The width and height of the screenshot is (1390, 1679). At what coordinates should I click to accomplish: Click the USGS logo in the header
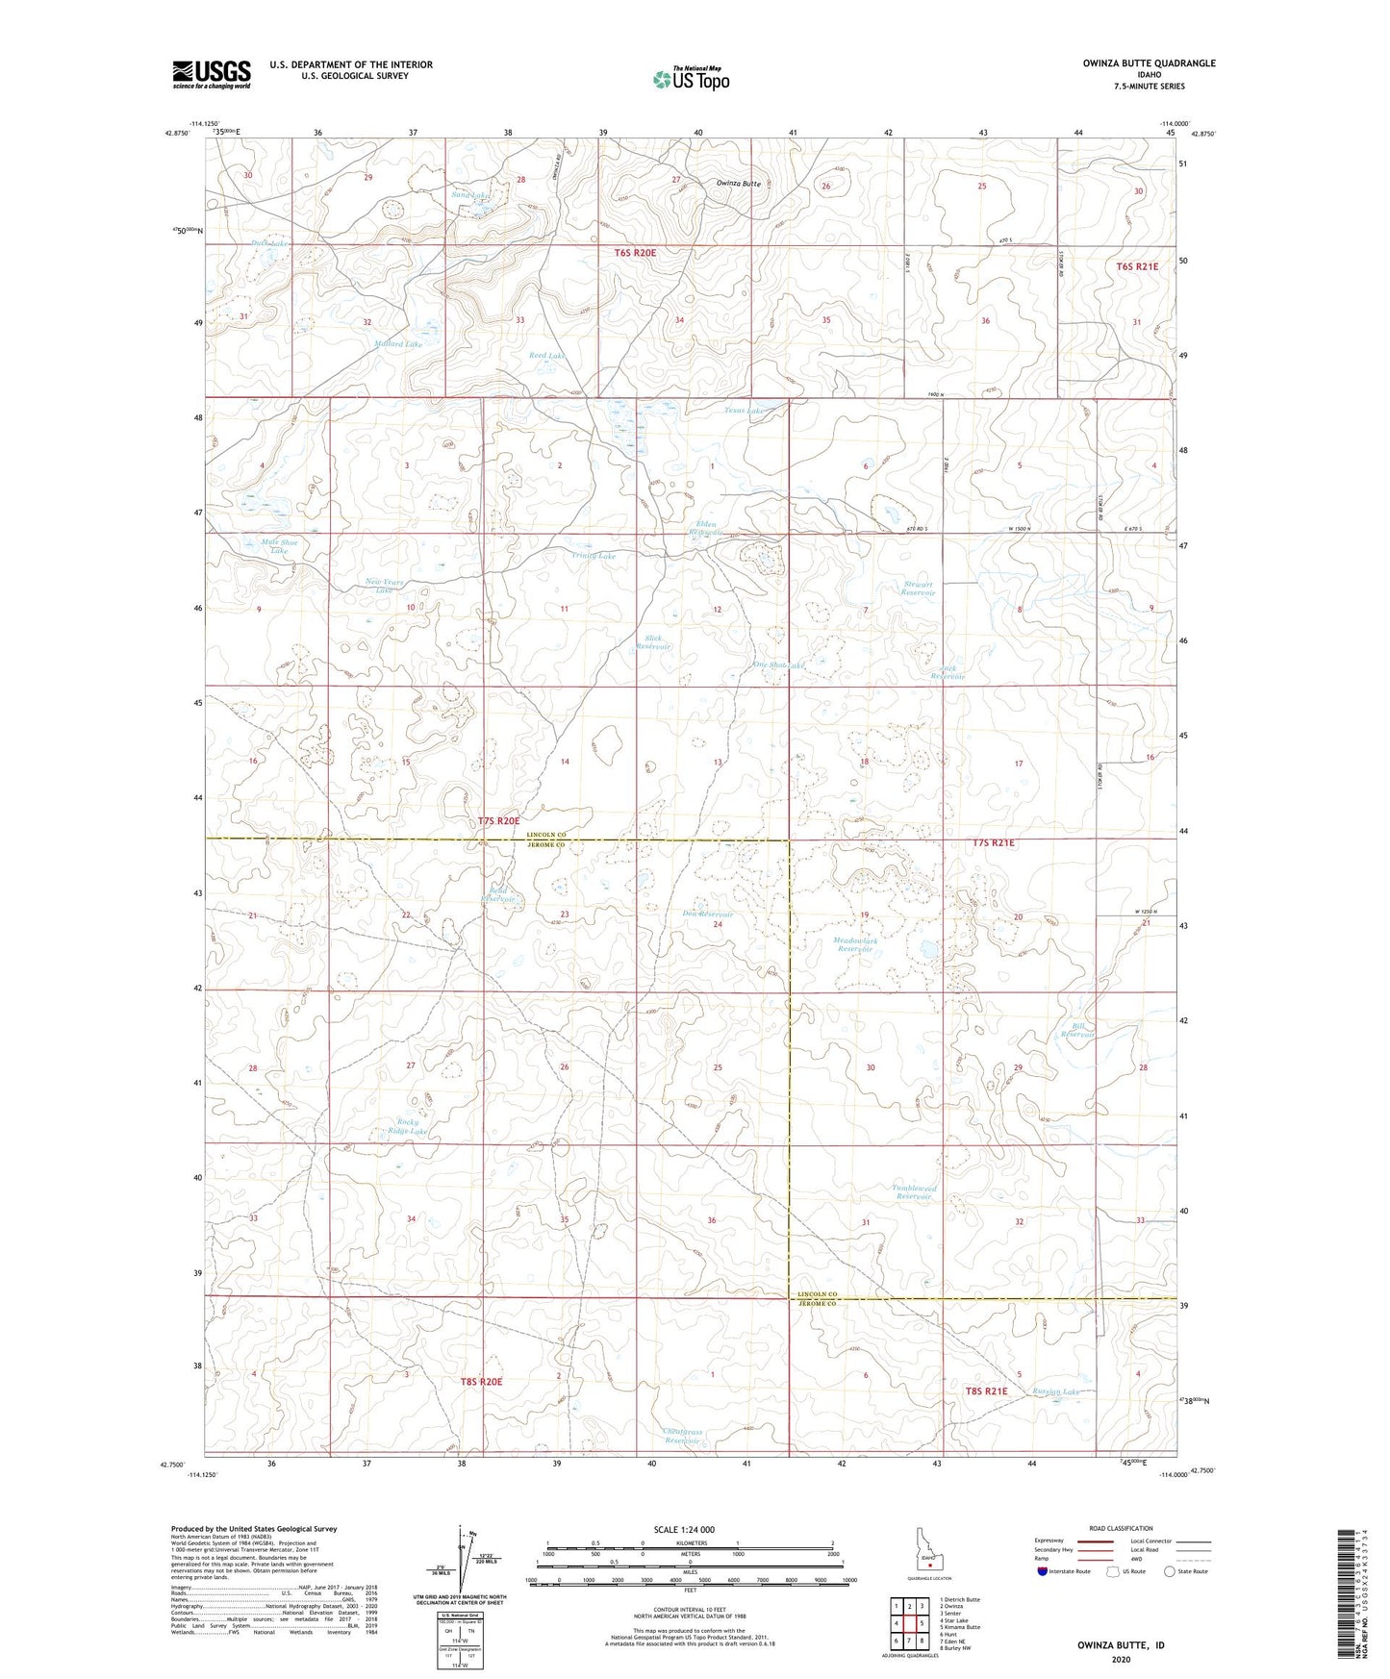[x=212, y=73]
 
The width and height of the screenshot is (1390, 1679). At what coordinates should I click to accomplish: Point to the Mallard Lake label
[x=398, y=343]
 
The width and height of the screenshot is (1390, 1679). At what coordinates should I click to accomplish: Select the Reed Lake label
[x=547, y=355]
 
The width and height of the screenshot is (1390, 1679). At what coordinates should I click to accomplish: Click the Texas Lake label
[x=744, y=411]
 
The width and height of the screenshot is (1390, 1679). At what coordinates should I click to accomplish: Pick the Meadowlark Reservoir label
[x=855, y=944]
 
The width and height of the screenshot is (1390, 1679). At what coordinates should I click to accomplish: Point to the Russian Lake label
[x=1056, y=1391]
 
